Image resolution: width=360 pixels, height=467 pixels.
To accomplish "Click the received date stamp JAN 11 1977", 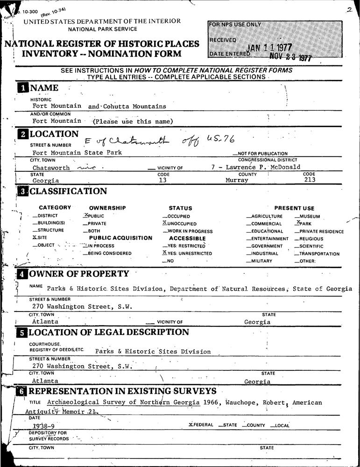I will pos(269,47).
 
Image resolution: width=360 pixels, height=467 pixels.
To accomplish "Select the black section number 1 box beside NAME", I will pos(22,88).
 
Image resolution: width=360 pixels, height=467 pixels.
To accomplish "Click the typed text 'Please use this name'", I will pos(133,122).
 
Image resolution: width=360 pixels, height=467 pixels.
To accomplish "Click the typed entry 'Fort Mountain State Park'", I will pos(77,153).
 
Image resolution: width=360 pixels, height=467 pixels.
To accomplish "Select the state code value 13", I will pos(163,180).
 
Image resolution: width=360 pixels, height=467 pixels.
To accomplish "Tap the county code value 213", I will pos(309,179).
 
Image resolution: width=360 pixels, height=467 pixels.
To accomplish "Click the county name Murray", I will pos(237,180).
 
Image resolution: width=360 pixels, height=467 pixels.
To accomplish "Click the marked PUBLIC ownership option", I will pos(94,216).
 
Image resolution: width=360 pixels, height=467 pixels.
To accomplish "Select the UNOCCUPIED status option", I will pos(179,224).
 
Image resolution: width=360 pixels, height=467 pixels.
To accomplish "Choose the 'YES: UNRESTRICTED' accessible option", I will pos(187,253).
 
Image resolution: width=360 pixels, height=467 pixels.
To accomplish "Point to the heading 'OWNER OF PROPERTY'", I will pos(79,274).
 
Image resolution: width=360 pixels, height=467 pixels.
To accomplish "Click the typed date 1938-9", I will pos(43,426).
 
